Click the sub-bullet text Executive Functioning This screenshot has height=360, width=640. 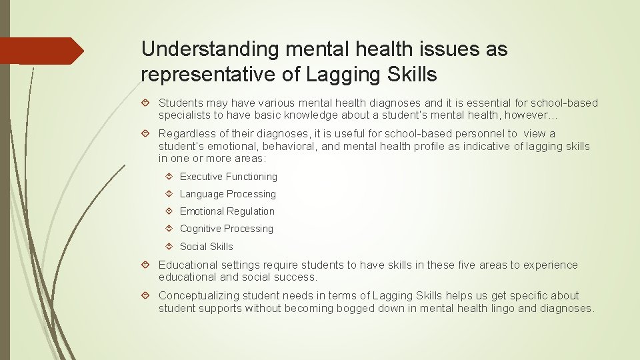click(x=228, y=177)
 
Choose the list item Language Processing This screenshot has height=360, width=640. click(x=227, y=194)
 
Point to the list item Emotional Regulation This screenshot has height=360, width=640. click(x=227, y=211)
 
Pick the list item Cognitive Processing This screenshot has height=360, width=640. click(x=226, y=229)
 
